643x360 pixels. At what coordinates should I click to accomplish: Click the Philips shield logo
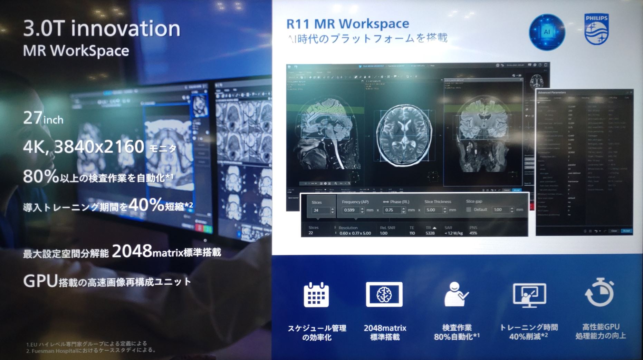pos(596,30)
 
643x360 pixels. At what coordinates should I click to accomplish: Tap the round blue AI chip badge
pos(547,32)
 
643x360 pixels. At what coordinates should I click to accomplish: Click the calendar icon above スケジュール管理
pos(316,295)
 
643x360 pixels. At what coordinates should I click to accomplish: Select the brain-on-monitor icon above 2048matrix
pos(384,294)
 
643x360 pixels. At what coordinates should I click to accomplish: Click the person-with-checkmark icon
pos(455,294)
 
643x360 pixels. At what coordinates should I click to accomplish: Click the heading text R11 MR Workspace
pos(347,24)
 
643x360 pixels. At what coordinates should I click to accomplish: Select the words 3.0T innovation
pos(102,28)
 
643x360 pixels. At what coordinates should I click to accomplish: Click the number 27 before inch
pos(33,118)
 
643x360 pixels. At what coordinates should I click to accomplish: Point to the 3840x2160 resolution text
pos(99,147)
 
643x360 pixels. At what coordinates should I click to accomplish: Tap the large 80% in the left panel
pos(41,176)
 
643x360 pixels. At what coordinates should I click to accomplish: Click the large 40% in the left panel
pos(146,205)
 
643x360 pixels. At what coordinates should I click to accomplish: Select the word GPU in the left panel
pos(40,281)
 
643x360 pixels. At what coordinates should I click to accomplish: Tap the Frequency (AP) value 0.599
pos(350,210)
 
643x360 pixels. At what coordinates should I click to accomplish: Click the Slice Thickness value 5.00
pos(432,210)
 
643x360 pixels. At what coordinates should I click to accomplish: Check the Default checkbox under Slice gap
pos(469,210)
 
